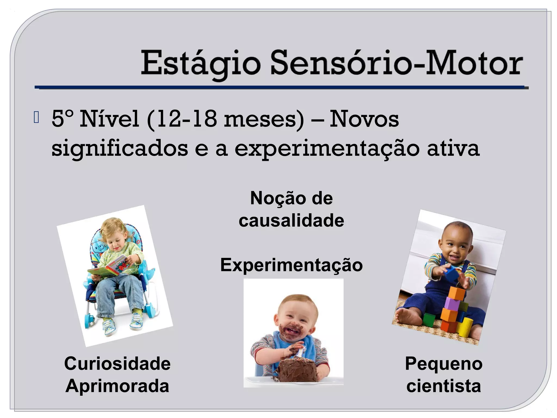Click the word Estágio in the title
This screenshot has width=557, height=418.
pyautogui.click(x=200, y=64)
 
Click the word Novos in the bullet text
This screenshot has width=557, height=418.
pyautogui.click(x=364, y=119)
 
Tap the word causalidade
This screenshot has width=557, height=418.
pyautogui.click(x=291, y=220)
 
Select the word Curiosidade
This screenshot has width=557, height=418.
pyautogui.click(x=117, y=364)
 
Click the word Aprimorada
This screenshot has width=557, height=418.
pyautogui.click(x=117, y=386)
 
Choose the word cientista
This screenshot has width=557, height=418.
pyautogui.click(x=444, y=386)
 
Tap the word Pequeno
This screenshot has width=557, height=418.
pyautogui.click(x=444, y=364)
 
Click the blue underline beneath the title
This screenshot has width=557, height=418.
pyautogui.click(x=280, y=87)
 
